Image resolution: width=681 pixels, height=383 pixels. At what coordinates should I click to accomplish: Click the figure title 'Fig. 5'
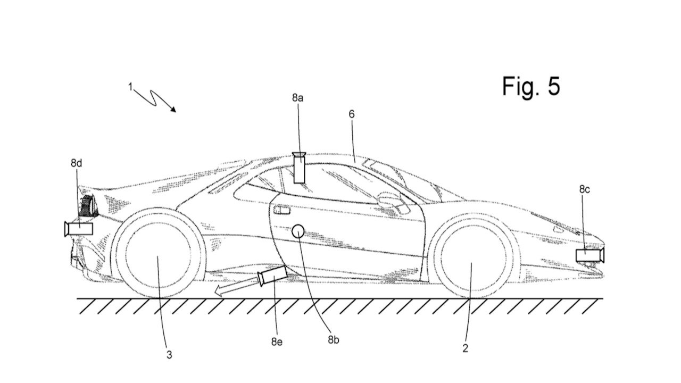pos(531,86)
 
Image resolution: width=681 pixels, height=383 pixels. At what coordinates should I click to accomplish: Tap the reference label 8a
pos(298,98)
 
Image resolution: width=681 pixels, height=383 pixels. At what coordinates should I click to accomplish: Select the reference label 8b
pos(333,339)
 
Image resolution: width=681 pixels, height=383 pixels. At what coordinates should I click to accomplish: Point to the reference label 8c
pos(584,189)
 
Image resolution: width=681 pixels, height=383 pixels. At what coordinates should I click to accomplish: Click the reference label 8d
pos(77,163)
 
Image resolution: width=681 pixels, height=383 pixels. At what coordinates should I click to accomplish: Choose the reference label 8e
pos(276,342)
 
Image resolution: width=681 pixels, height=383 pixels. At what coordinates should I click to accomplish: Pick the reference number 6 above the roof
pos(352,114)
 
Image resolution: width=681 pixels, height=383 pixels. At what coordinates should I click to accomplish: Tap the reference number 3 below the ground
pos(169,354)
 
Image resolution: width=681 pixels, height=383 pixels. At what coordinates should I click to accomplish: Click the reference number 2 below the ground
pos(465,348)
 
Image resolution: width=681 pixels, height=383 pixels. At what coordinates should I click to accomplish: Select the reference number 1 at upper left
pos(131,87)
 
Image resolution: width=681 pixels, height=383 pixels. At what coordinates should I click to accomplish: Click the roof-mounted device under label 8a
pos(299,168)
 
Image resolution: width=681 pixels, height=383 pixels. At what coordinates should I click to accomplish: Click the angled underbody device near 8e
pos(272,276)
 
